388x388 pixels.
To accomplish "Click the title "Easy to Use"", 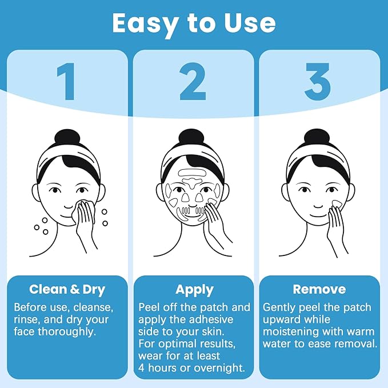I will coord(194,23).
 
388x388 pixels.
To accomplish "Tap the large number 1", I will coord(68,83).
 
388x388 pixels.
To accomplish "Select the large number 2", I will coord(193,83).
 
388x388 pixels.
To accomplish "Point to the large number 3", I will coord(317,83).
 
